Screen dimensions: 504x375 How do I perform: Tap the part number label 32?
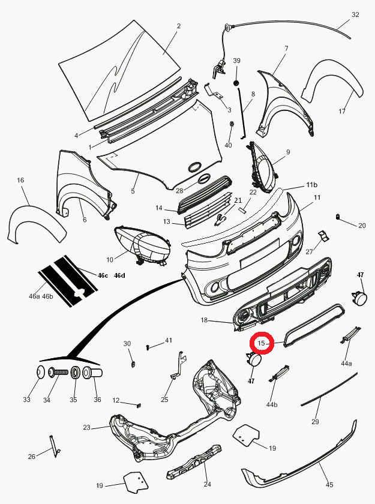click(355, 15)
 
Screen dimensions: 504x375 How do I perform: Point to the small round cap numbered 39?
click(236, 82)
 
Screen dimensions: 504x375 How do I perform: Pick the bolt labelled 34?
click(57, 373)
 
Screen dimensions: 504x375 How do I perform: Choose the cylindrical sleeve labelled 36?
click(95, 373)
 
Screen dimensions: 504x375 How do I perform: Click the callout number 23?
click(86, 428)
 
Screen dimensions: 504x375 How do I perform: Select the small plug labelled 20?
click(338, 217)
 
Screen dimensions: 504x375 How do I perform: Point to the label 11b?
click(311, 184)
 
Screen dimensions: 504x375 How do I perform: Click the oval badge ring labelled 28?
click(195, 167)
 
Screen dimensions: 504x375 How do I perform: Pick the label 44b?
click(272, 404)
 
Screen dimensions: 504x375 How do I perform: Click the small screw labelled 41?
click(148, 346)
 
